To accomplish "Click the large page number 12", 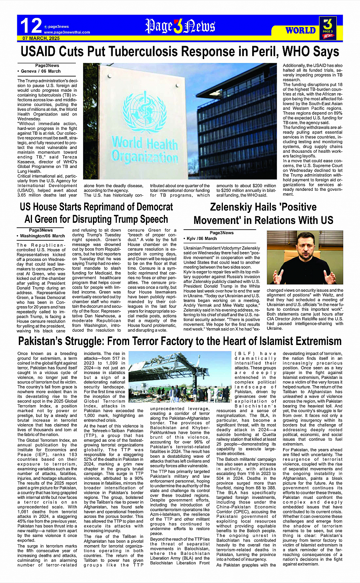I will point(30,26).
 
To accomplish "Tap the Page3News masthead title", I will point(180,26).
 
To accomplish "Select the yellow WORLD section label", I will point(301,30).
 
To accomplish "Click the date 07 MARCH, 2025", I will point(41,38).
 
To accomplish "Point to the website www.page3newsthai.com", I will point(67,32).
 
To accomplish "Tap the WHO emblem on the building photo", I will point(145,112).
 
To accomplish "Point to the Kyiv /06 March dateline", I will point(202,238).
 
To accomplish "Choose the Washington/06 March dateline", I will point(42,236).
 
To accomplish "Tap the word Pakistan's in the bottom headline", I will point(43,341).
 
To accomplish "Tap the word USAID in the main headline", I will point(39,51).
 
